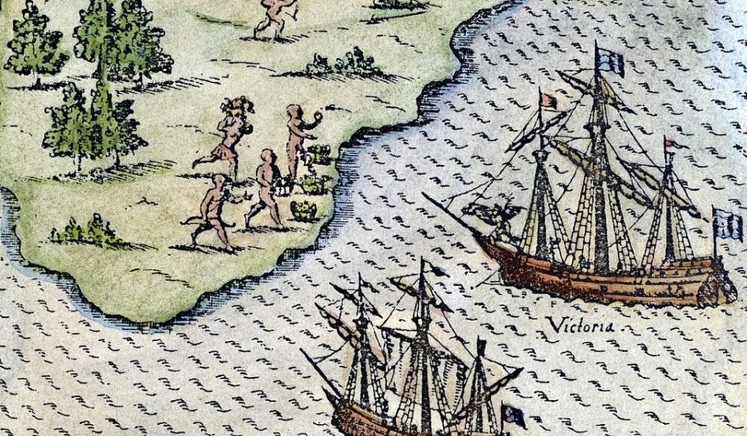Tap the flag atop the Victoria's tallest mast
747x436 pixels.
(611, 61)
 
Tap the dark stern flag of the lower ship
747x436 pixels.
(513, 414)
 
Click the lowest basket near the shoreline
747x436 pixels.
(304, 210)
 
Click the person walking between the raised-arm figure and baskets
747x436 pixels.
(266, 188)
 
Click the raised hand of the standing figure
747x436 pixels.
(318, 116)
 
